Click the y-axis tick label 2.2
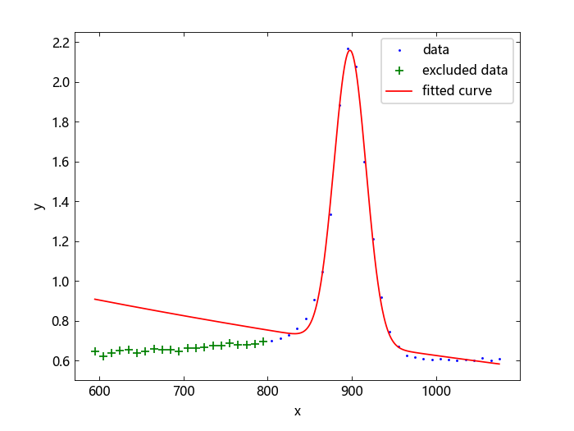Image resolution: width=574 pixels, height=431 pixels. tap(61, 44)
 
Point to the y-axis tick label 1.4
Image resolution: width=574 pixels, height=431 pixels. tap(61, 202)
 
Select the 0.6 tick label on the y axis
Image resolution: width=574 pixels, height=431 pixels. tap(61, 361)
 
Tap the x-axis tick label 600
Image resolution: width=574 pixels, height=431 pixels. tap(99, 391)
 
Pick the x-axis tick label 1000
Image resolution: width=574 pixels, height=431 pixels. tap(436, 391)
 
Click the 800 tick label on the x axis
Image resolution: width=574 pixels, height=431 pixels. tap(267, 391)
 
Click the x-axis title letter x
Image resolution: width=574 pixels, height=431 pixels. tap(298, 411)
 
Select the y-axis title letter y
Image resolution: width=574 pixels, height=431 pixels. tap(39, 206)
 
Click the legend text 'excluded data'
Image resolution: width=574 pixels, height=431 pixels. tap(465, 70)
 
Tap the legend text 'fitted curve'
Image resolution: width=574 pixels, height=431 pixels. tap(457, 90)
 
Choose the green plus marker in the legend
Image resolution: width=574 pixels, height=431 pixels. tap(399, 71)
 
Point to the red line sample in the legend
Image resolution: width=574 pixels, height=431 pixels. tap(399, 91)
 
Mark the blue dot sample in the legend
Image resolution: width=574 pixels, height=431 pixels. tap(399, 51)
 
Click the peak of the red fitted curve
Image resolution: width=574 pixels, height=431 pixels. tap(350, 50)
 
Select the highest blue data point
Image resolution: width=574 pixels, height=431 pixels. tap(348, 48)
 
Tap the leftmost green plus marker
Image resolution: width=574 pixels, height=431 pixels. tap(95, 351)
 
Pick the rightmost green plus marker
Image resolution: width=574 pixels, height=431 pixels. tap(263, 342)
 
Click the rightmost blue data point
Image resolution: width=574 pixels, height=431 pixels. tap(499, 360)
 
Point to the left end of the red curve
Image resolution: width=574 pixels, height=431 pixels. tap(95, 299)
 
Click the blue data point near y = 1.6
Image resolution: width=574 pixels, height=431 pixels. tap(364, 162)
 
